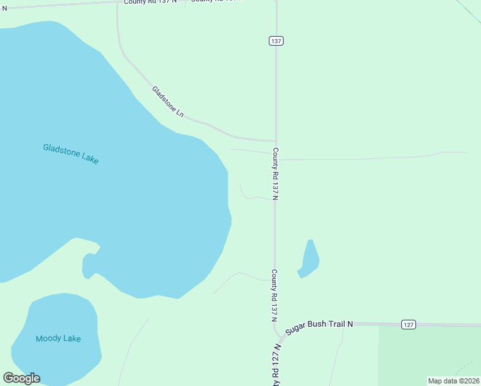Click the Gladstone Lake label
click(71, 154)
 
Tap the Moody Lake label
click(58, 338)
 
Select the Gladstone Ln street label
click(168, 102)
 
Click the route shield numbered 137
click(276, 41)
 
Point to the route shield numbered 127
click(408, 324)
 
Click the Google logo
click(21, 378)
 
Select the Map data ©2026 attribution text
click(453, 381)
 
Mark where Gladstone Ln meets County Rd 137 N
click(276, 140)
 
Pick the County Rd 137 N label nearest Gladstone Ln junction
click(275, 174)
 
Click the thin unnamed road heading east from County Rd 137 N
click(373, 158)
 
